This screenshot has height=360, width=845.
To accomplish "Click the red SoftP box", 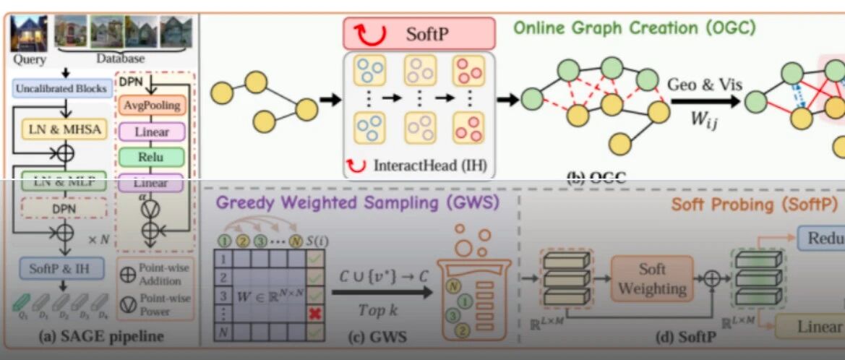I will click(419, 33).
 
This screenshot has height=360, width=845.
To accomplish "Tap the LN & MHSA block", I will click(65, 130).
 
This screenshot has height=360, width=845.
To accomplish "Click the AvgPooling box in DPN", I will click(151, 106).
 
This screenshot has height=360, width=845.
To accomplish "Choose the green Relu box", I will click(151, 156).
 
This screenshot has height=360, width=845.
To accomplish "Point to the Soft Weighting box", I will click(651, 278).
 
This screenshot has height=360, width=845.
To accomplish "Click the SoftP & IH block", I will click(61, 267).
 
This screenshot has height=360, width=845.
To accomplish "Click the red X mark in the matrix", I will click(314, 312).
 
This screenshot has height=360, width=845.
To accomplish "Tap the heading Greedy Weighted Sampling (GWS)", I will click(357, 203).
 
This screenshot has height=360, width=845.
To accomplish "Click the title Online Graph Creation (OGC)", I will click(634, 28).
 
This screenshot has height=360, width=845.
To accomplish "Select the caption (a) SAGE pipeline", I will click(100, 336).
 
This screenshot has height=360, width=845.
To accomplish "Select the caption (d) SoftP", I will click(684, 337).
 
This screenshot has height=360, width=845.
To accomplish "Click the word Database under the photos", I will click(120, 58).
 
